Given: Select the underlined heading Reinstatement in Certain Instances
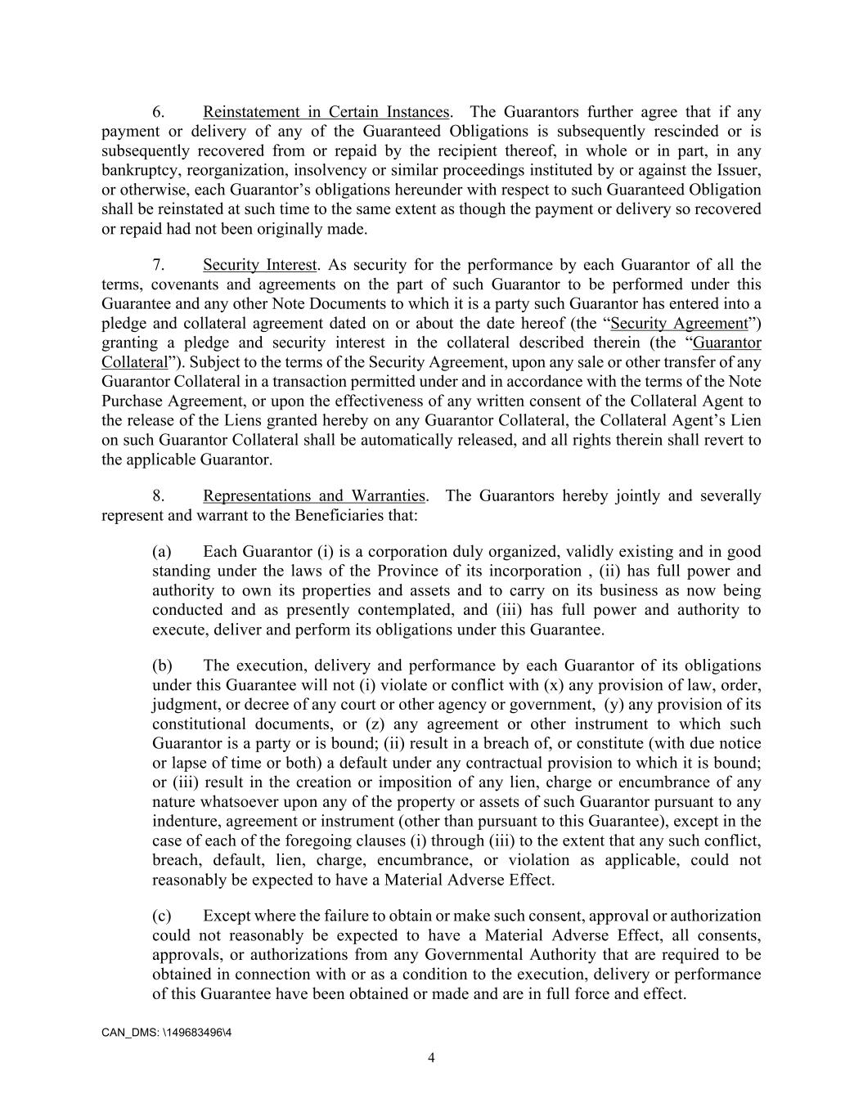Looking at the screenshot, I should (326, 112).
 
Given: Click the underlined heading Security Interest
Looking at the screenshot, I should (259, 265).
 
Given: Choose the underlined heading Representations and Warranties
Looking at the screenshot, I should (314, 496).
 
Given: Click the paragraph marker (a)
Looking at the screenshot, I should (161, 552).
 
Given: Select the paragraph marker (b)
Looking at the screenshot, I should (162, 666).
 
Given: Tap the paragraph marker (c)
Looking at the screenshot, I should (161, 916).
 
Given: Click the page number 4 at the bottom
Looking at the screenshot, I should (431, 1058).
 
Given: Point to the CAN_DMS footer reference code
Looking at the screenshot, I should (166, 1033).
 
